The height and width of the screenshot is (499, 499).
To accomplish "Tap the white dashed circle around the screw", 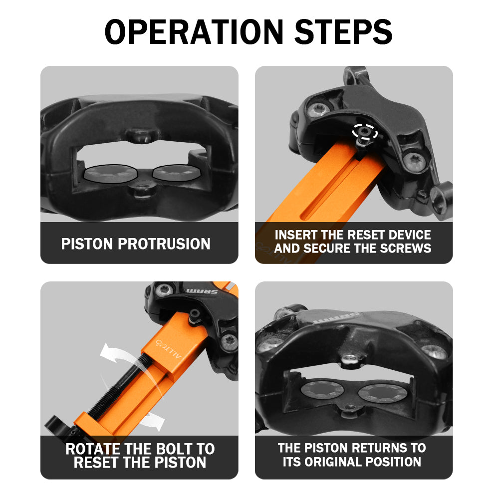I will click(365, 131).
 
